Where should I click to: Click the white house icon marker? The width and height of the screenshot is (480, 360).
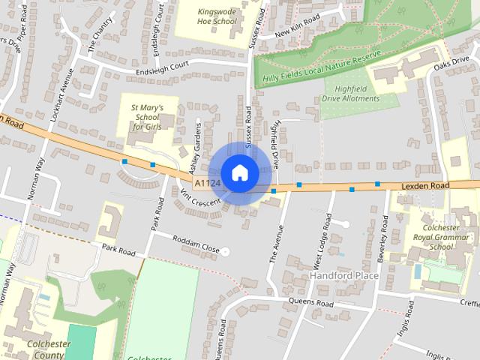[x=239, y=172]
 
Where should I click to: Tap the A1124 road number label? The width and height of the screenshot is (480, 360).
[x=206, y=183]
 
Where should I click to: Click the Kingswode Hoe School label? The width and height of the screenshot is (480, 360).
[x=217, y=16]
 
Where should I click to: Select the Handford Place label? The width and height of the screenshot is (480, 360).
[x=345, y=275]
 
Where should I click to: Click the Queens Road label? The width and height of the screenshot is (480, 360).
[x=310, y=303]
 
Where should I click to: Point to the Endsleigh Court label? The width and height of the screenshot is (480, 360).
[x=160, y=70]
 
